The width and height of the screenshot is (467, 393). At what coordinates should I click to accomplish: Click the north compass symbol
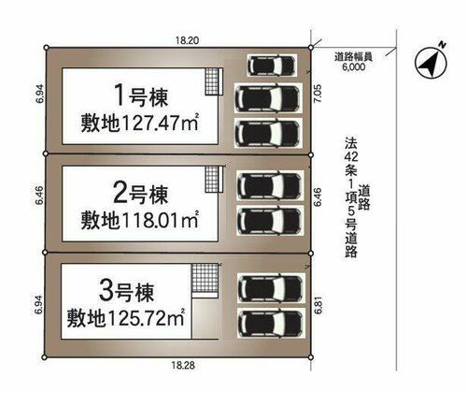coord(431,62)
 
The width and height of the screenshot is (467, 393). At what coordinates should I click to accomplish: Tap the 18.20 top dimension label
coord(187,40)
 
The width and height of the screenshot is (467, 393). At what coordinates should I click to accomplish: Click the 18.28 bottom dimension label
coord(183,366)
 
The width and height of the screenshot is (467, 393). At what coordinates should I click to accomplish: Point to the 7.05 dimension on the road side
coord(318,94)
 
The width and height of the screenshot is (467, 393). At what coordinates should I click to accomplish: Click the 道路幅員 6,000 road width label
coord(354,62)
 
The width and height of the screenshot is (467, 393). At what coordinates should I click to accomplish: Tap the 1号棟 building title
coord(142,96)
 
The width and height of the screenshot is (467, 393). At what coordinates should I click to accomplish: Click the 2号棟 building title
coord(141,194)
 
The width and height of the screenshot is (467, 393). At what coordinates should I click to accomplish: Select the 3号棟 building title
coord(127,291)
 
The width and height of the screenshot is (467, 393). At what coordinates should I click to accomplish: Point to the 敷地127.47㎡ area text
coord(140,123)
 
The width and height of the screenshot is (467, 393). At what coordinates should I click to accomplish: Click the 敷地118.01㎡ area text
coord(140,220)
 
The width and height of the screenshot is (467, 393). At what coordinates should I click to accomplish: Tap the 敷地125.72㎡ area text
coord(126,317)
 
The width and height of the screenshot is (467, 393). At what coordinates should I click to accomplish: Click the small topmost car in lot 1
coord(272,65)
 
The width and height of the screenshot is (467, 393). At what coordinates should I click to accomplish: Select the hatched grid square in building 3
coord(205,278)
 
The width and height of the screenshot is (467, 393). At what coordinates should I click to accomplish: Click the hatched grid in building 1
coord(211,81)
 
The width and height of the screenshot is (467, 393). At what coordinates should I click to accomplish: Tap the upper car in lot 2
coord(270,185)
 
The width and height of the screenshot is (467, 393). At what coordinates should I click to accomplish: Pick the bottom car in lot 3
coord(271,323)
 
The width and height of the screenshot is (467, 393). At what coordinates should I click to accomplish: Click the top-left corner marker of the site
coord(47,48)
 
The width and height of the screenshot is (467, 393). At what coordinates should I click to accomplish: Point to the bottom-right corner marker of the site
coord(311,357)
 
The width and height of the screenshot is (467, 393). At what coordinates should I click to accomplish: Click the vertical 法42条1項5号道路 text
coord(357,197)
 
